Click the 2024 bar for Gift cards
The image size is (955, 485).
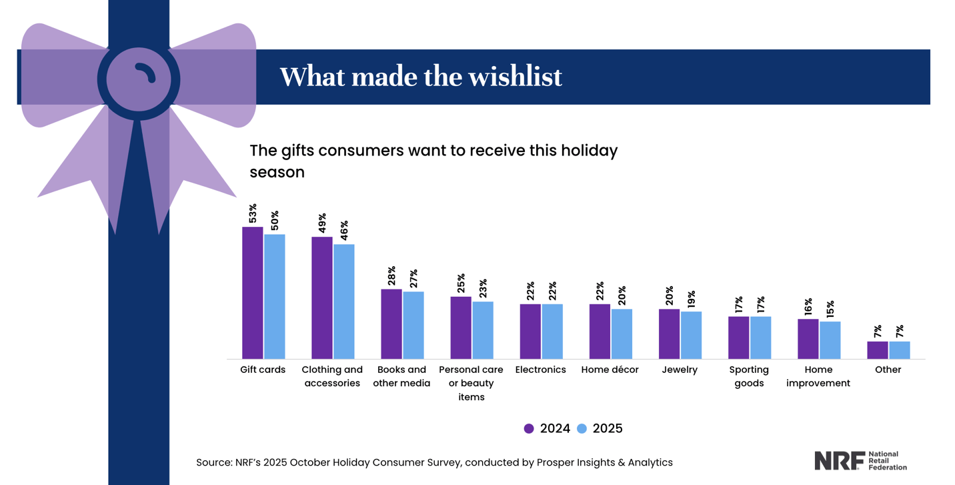[x=253, y=293]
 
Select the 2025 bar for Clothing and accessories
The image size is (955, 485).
[x=344, y=302]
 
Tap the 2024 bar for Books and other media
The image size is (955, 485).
[x=391, y=324]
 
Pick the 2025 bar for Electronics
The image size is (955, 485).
[x=552, y=332]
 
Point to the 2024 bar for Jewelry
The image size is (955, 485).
[x=669, y=334]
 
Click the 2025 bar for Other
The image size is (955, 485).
[x=899, y=350]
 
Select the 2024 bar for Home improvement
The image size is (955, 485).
[x=808, y=339]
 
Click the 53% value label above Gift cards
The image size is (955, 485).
[x=253, y=213]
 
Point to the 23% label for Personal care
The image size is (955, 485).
[x=483, y=288]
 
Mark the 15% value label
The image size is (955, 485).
[x=830, y=309]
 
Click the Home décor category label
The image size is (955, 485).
[x=610, y=370]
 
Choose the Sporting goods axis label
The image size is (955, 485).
[x=749, y=376]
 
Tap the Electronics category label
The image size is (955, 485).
[x=540, y=370]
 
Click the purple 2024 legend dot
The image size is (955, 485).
[x=529, y=429]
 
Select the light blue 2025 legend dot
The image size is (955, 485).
[x=582, y=429]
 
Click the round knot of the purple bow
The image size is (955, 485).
[x=139, y=79]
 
